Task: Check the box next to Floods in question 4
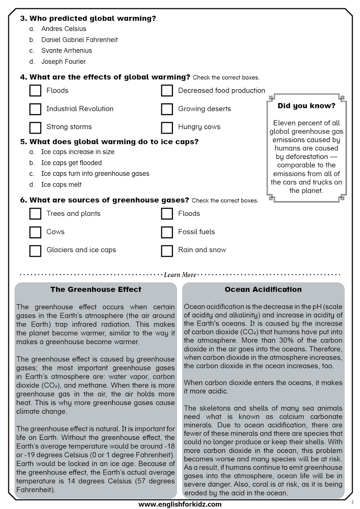pos(35,90)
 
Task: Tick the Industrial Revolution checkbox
pos(35,109)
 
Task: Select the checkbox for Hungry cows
pos(167,127)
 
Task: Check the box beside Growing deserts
pos(167,109)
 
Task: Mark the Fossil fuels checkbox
pos(167,232)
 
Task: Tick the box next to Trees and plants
pos(35,213)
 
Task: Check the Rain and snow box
pos(167,250)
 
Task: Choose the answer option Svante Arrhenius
pos(67,51)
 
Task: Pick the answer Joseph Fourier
pos(63,61)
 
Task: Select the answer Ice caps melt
pos(61,185)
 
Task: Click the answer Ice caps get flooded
pos(71,163)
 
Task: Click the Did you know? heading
pos(306,106)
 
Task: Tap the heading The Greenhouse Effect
pos(96,289)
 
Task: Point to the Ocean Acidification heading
pos(263,289)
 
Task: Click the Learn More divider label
pos(180,275)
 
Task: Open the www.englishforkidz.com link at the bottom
pos(180,504)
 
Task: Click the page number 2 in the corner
pos(352,502)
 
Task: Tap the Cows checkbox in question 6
pos(35,232)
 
